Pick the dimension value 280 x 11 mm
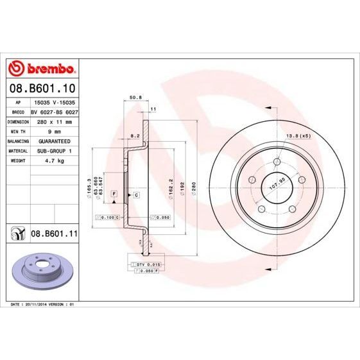[x=55, y=121]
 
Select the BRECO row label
[x=19, y=111]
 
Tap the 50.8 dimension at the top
[x=135, y=98]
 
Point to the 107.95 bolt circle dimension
[x=275, y=185]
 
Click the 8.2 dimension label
[x=135, y=137]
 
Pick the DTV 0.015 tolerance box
[x=146, y=264]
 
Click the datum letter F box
[x=114, y=193]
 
